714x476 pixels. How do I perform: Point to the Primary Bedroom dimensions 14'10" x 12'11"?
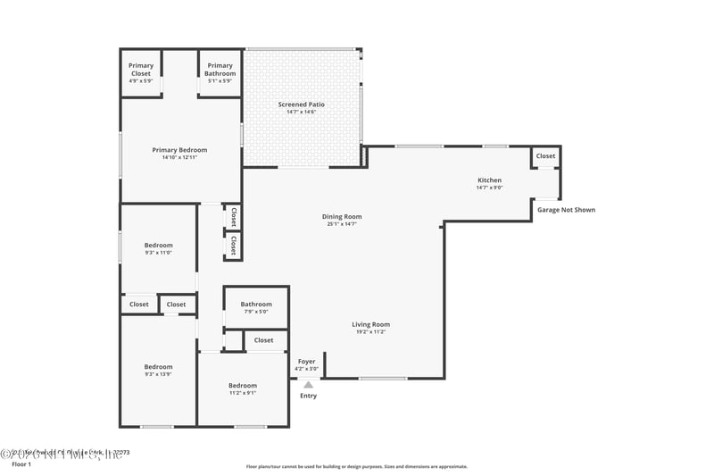point(179,158)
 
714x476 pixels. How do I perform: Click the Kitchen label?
point(489,180)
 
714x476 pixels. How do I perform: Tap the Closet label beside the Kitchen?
point(545,156)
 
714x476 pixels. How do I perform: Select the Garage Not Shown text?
point(566,210)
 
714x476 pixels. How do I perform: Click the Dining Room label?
point(342,216)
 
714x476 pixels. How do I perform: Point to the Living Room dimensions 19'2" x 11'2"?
point(370,331)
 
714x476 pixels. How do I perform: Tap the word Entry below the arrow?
point(308,396)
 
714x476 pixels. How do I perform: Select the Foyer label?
point(306,362)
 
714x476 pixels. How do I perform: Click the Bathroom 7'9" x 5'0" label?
point(255,305)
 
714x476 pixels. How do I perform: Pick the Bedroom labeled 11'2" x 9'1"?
point(242,386)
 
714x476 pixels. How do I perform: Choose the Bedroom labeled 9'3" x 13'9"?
point(159,367)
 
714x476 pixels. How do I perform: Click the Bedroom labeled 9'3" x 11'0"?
point(159,246)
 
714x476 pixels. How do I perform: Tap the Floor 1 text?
point(21,464)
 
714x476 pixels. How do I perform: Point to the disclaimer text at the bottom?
point(356,466)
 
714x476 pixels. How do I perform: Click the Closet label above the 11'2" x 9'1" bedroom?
point(264,340)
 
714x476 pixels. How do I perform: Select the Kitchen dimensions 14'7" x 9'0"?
point(489,188)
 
